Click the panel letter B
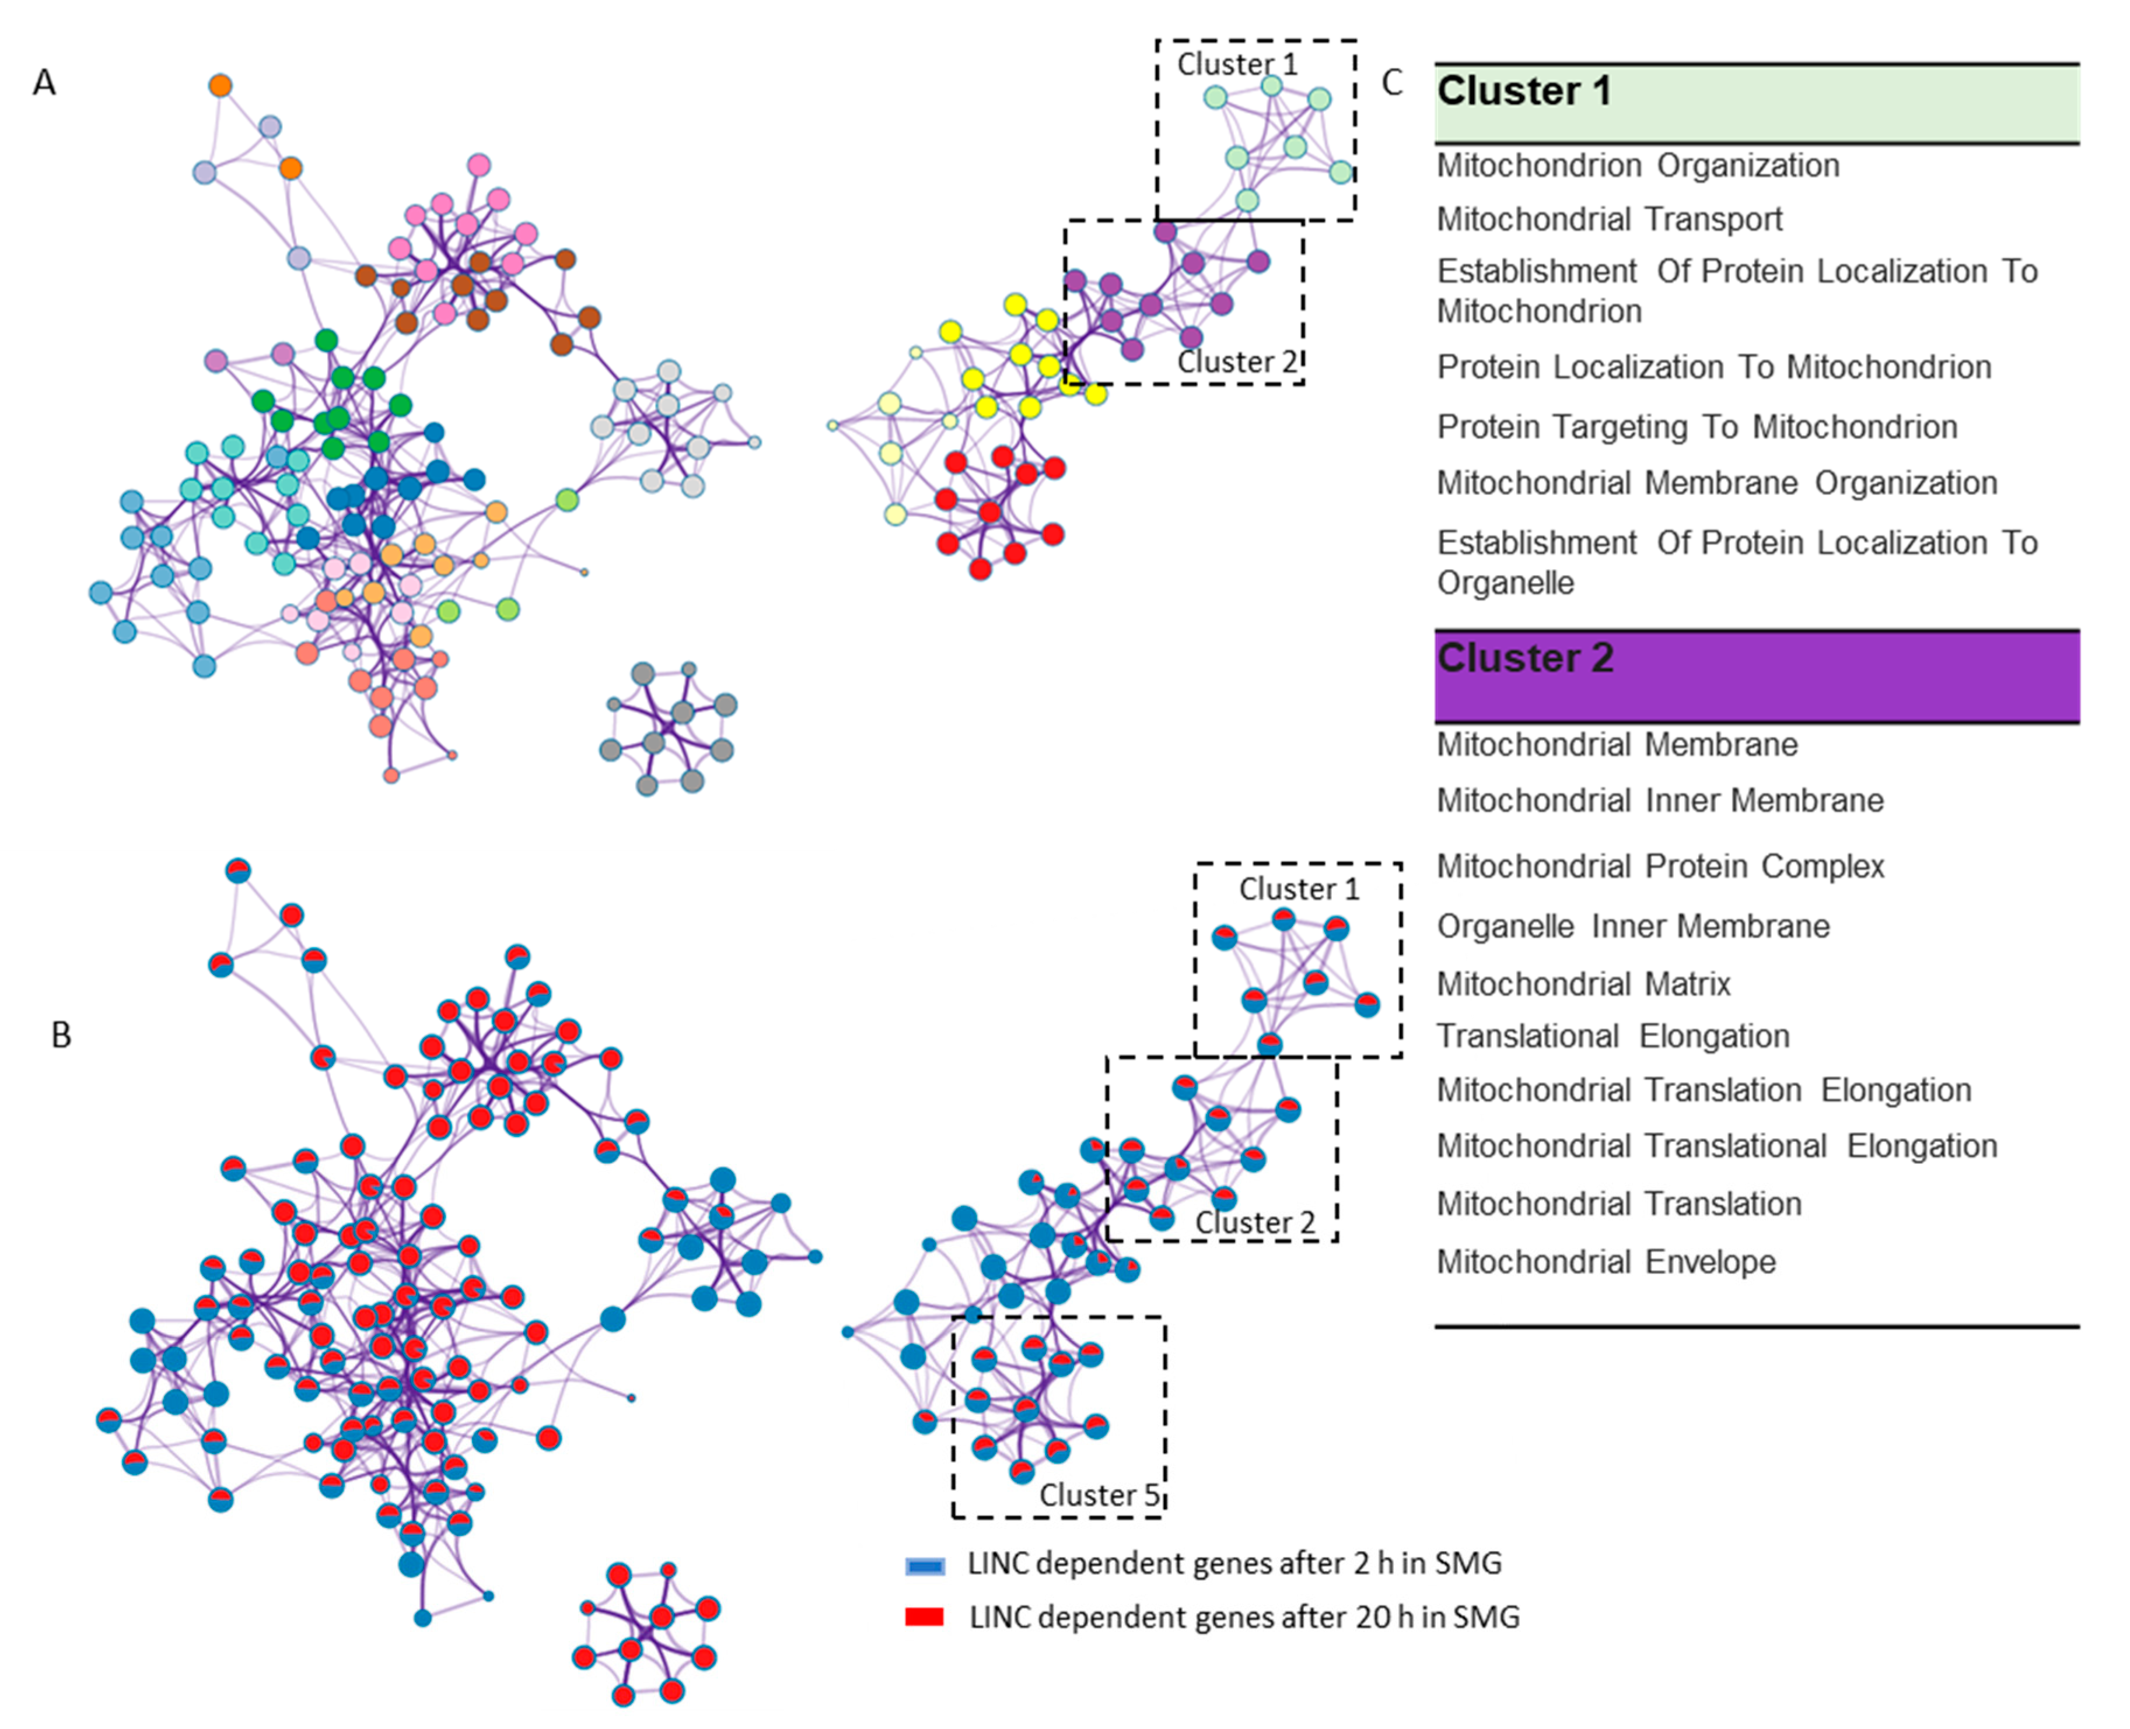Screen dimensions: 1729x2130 (x=61, y=1036)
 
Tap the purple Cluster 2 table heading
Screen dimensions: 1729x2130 (x=1525, y=658)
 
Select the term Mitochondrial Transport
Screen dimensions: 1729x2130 (x=1609, y=219)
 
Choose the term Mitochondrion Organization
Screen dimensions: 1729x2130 (x=1638, y=166)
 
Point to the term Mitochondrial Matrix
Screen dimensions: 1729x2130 (x=1583, y=984)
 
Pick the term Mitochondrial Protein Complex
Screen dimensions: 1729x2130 (x=1660, y=867)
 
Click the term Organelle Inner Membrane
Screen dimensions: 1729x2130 (x=1633, y=926)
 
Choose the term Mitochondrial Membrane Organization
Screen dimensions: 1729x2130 (x=1716, y=483)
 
